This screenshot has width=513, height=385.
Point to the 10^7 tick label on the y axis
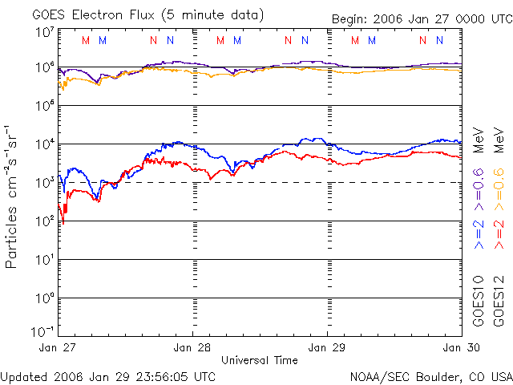coord(45,32)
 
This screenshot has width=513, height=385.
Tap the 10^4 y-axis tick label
coord(45,144)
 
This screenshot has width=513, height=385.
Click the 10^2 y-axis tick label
coord(45,221)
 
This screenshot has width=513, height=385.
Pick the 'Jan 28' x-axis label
coord(193,348)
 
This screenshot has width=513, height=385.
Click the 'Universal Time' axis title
coord(260,360)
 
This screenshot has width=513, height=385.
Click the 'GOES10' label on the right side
coord(479,302)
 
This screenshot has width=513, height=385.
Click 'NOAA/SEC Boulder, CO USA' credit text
coord(430,376)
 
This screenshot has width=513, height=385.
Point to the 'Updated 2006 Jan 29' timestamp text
coord(108,376)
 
